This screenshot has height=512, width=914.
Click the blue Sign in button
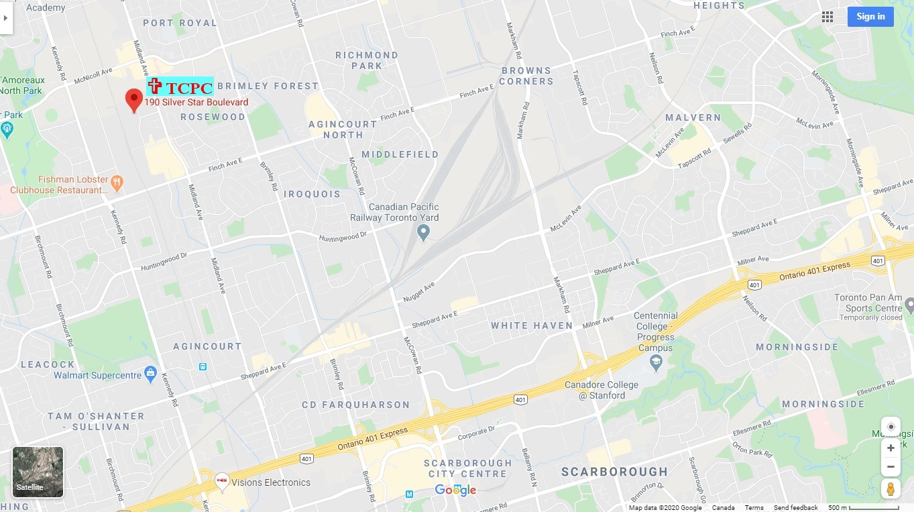tap(870, 17)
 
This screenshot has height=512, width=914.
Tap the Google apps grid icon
tap(827, 17)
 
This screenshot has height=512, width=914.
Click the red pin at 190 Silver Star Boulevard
tap(134, 101)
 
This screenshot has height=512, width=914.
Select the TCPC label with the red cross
tap(180, 87)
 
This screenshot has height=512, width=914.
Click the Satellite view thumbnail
tap(38, 472)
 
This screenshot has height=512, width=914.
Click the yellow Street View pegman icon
tap(891, 489)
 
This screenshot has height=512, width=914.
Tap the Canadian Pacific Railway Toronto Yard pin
tap(423, 233)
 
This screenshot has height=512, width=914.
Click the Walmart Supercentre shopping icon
tap(151, 373)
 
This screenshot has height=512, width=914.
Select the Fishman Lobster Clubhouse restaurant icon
tap(117, 181)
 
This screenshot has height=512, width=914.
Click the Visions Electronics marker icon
tap(221, 481)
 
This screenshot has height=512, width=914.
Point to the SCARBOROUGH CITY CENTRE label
tap(467, 468)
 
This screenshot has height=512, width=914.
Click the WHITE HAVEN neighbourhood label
tap(532, 325)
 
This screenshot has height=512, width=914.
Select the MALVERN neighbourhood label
tap(693, 117)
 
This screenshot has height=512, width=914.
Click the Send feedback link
tap(795, 508)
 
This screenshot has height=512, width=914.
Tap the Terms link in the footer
tap(754, 508)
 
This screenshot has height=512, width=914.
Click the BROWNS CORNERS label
tap(526, 76)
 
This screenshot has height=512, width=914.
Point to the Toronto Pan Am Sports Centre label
tap(868, 303)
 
